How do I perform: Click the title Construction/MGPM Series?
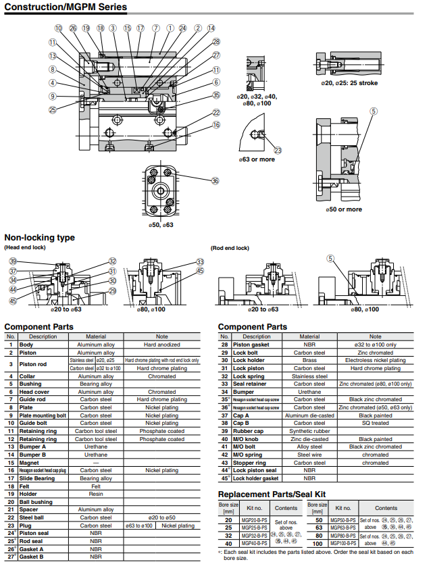(66, 7)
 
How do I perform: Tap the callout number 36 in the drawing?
(215, 180)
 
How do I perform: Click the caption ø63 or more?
(256, 159)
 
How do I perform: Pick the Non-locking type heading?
(40, 238)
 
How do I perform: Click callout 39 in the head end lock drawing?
(12, 261)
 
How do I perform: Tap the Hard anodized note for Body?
(162, 344)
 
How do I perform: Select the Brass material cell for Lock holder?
(309, 360)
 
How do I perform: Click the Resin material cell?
(96, 494)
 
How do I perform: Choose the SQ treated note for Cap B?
(375, 423)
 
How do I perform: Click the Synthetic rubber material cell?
(309, 431)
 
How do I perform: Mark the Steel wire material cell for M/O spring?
(309, 455)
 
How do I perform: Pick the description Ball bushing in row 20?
(35, 502)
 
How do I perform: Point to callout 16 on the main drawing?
(216, 125)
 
